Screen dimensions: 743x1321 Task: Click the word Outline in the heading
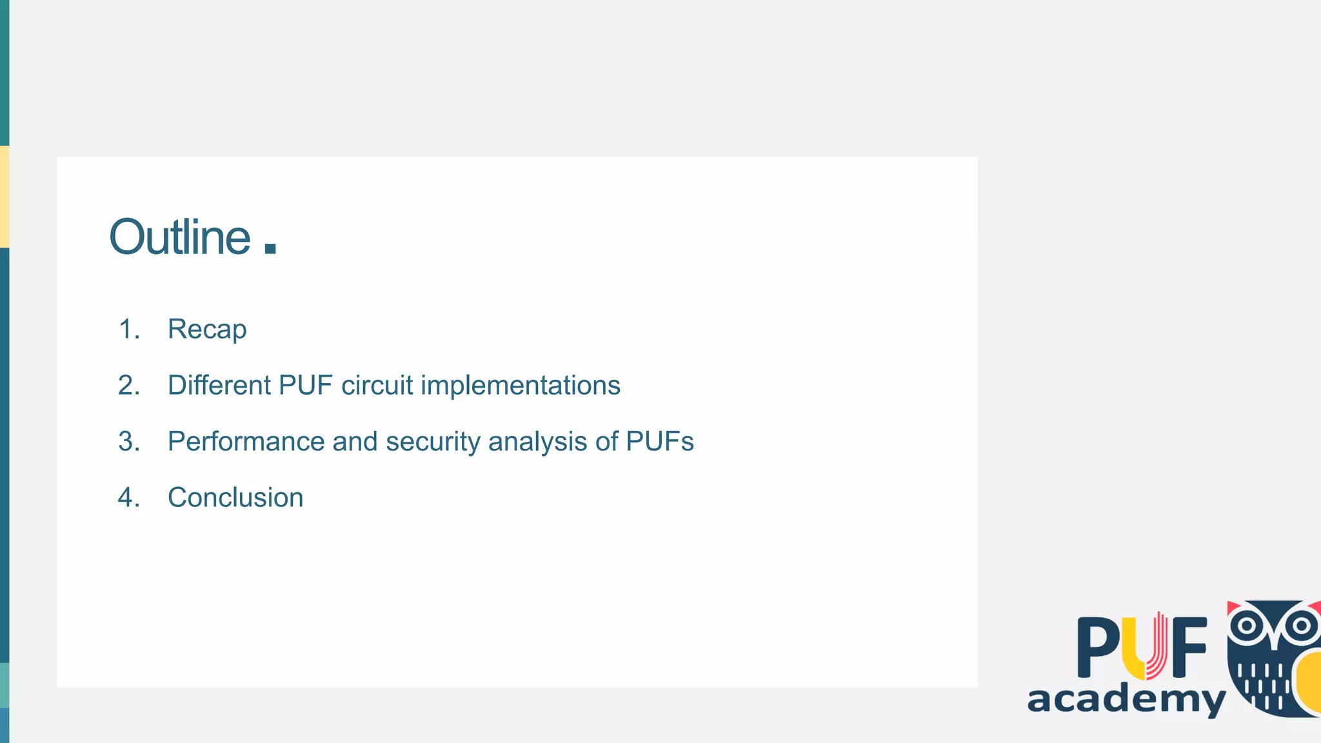(x=179, y=237)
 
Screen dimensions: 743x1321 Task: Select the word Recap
(x=207, y=330)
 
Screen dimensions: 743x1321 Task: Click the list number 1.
(x=128, y=330)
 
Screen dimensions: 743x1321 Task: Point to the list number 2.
(x=128, y=386)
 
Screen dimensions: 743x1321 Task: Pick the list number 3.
(x=128, y=442)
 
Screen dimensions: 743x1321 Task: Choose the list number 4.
(x=128, y=498)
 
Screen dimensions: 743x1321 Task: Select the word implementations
(x=521, y=386)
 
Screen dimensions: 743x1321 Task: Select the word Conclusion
(x=235, y=498)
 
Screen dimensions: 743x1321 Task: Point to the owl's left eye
(x=1247, y=625)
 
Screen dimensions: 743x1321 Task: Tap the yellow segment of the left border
(x=5, y=197)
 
